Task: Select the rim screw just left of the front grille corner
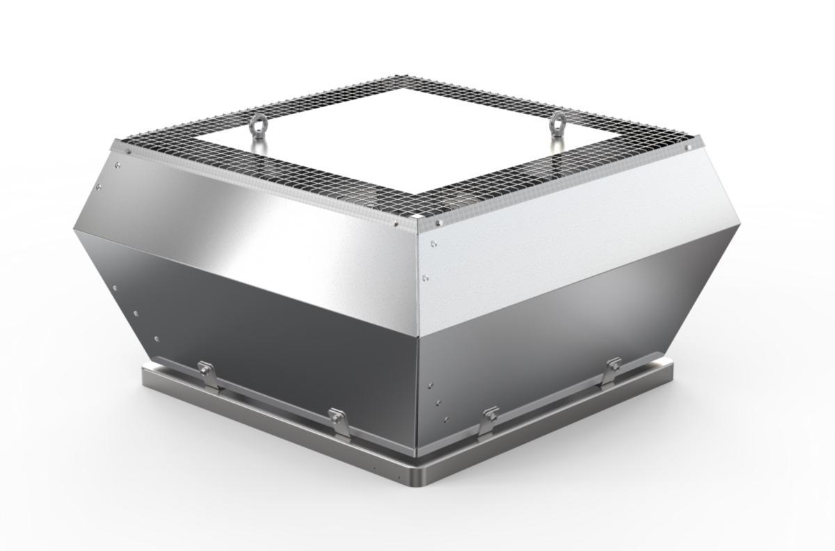tap(396, 223)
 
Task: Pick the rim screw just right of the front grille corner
tap(439, 223)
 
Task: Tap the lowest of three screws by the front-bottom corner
tap(446, 420)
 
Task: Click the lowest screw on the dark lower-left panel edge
tap(156, 340)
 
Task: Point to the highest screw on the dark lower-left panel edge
tap(114, 287)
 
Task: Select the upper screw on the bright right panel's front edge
tap(434, 244)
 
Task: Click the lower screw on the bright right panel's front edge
tap(425, 278)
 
